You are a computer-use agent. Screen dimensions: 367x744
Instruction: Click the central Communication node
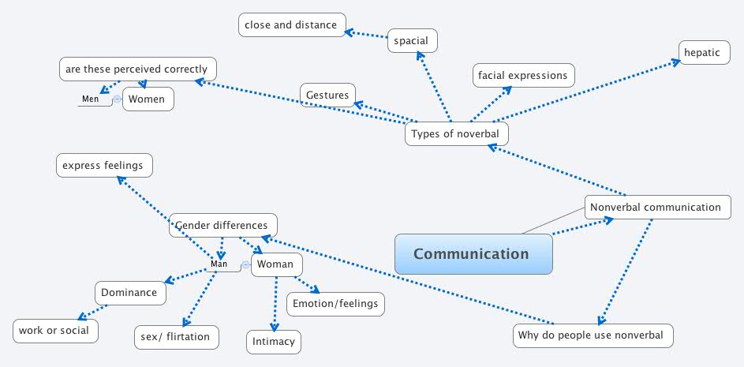tap(473, 254)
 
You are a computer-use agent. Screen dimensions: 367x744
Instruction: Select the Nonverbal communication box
tap(655, 208)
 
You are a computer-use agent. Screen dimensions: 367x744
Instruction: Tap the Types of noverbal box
tap(456, 134)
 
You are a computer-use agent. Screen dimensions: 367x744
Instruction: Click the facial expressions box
tap(522, 76)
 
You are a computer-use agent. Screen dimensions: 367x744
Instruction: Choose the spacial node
tap(411, 41)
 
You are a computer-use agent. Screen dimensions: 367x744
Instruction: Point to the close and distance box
tap(291, 25)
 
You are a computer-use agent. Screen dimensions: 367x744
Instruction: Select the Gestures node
tap(327, 95)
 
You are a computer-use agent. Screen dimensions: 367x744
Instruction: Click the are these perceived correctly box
tap(137, 69)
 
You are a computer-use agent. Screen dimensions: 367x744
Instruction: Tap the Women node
tap(148, 99)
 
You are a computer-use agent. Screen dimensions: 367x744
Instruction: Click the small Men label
tap(91, 99)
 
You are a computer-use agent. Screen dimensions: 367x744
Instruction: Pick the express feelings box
tap(103, 166)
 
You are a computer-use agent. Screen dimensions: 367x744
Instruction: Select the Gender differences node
tap(223, 226)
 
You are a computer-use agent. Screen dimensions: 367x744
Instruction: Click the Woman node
tap(276, 264)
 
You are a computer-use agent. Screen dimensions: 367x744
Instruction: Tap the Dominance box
tap(129, 293)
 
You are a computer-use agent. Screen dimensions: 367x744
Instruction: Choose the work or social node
tap(56, 331)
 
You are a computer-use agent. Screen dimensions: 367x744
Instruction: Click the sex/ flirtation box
tap(175, 337)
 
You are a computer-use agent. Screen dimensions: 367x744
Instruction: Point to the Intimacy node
tap(274, 342)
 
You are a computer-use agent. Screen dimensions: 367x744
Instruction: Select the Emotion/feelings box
tap(335, 304)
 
